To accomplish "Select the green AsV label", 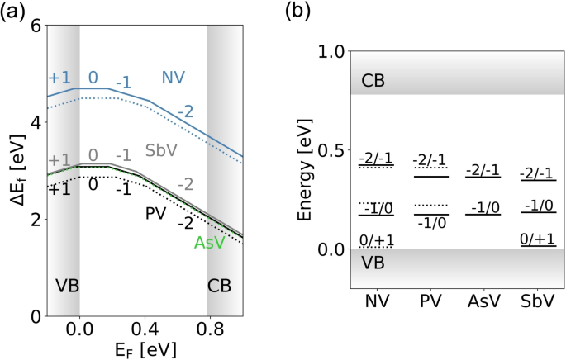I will click(x=210, y=243).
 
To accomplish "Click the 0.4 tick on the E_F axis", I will click(x=145, y=329).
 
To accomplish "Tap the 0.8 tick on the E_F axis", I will click(x=210, y=329).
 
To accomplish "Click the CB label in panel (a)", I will click(x=221, y=287).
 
